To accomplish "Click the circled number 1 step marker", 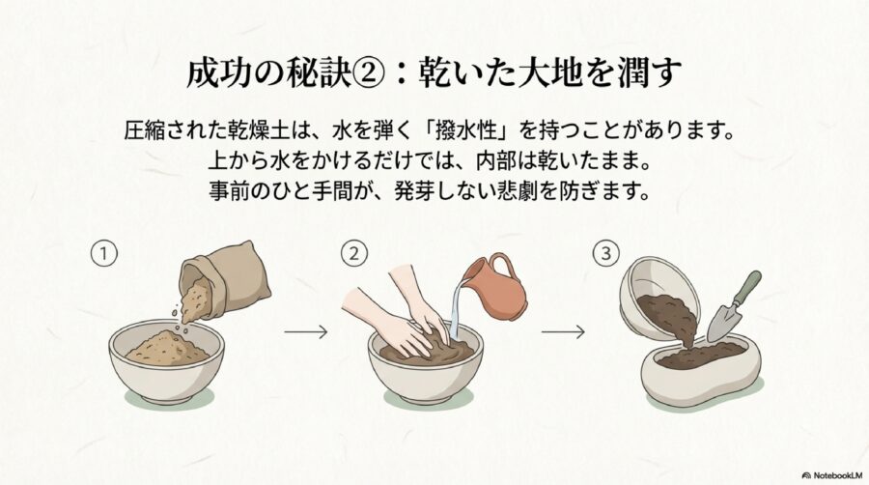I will coord(103,254).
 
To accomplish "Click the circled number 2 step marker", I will coord(353,254).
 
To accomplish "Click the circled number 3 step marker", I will coord(605,254).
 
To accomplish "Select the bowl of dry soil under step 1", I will coord(166,358).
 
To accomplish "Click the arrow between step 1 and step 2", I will coord(305,331).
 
